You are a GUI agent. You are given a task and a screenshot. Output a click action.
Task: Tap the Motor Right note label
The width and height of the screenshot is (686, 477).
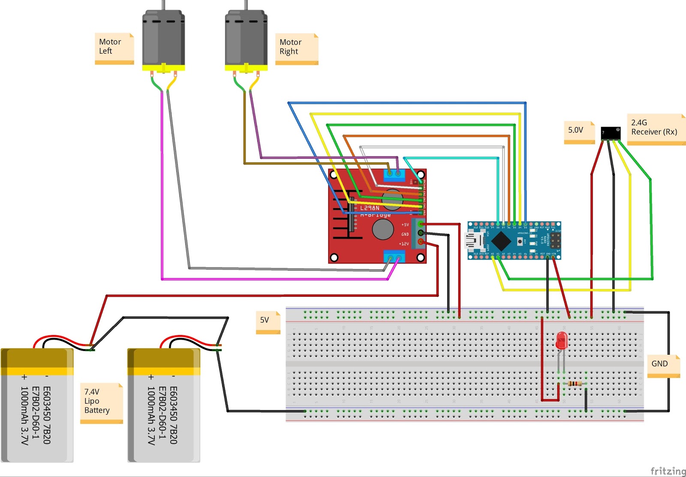pos(296,48)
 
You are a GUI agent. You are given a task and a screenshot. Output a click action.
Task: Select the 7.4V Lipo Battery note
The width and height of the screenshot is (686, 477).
pos(101,402)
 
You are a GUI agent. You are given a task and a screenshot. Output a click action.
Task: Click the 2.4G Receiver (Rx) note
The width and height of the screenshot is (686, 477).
pos(656,129)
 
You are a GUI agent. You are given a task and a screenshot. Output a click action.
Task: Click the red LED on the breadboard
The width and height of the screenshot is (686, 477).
pos(561,341)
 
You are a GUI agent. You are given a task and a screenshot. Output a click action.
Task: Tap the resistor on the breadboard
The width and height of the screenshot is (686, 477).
pos(575,383)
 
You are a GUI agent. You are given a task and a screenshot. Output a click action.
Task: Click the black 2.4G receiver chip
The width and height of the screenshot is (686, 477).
pos(611,132)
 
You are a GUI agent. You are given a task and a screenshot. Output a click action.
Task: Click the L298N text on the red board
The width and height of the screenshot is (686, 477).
pos(370,208)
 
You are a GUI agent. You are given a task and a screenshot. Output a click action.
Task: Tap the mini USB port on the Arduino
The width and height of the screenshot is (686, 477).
pos(474,241)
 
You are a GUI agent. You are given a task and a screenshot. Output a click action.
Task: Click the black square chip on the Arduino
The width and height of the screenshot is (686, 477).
pos(501,240)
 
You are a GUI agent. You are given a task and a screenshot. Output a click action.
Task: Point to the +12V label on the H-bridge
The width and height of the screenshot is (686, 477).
pos(404,244)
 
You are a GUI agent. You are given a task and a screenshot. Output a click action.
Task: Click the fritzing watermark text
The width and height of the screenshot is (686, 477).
pos(668,471)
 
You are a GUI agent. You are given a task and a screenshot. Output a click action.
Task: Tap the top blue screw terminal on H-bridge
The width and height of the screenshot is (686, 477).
pos(394,174)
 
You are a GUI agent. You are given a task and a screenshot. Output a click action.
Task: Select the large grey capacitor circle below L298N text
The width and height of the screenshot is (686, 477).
pos(383,229)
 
